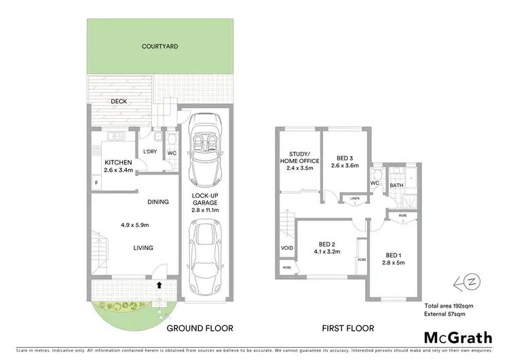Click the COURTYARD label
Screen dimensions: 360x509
coord(160,47)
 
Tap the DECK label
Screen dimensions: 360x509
coord(119,102)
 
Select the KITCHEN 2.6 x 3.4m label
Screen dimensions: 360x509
coord(117,166)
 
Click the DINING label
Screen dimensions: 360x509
coord(157,202)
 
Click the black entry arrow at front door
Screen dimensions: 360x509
coord(159,285)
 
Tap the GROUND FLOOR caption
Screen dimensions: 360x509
coord(200,328)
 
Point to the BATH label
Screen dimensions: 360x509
coord(396,184)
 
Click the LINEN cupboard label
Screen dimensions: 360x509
coord(354,198)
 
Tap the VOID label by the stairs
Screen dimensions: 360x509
coord(286,248)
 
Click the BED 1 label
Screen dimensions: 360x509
coord(392,257)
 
